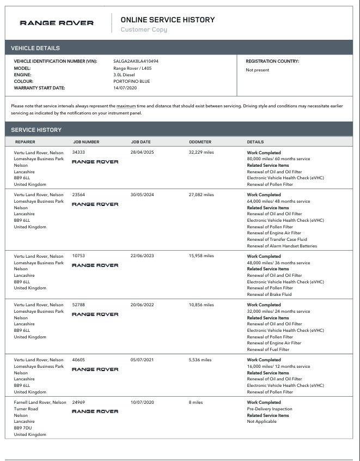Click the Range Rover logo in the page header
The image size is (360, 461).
pos(57,23)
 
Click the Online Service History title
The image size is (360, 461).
pos(167,20)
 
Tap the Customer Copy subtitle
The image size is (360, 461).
pos(143,30)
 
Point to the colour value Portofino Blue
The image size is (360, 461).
pos(131,81)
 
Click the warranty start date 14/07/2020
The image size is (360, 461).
pos(124,88)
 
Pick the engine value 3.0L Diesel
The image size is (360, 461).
pos(124,75)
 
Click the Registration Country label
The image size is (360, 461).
pos(272,62)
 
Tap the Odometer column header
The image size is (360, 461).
pos(200,142)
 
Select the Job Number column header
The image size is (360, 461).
pos(86,142)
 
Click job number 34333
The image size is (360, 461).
pos(78,153)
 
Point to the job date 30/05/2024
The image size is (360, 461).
pos(142,195)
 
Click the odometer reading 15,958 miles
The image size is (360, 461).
pos(202,256)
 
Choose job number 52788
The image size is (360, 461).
pos(78,305)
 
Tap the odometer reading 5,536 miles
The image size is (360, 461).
pos(200,360)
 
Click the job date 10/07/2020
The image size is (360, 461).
pos(142,403)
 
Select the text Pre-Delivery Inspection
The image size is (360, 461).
pos(270,409)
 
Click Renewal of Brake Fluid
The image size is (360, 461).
pos(269,294)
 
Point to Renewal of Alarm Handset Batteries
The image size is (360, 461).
pos(282,246)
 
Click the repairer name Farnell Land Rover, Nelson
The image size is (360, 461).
pos(40,403)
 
